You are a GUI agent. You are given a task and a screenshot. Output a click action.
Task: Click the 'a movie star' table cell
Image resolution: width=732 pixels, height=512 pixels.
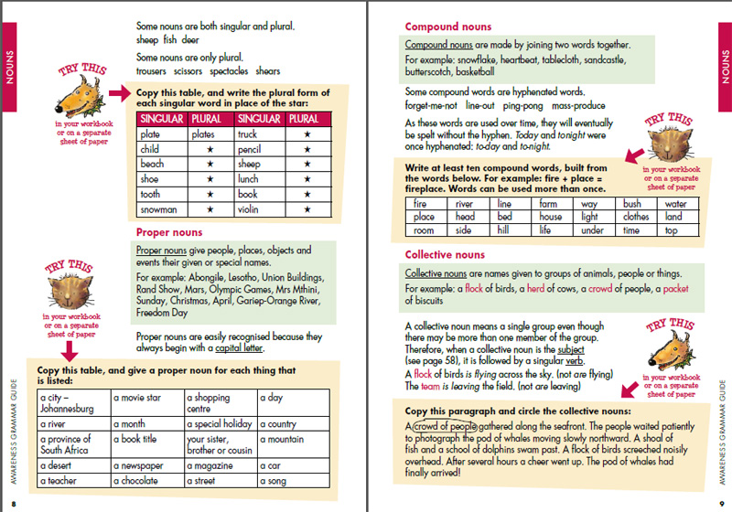pyautogui.click(x=146, y=399)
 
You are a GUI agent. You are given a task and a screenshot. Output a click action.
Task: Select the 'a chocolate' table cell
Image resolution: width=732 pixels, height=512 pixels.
pyautogui.click(x=146, y=481)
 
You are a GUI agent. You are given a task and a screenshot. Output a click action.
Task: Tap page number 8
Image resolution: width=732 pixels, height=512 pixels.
pyautogui.click(x=14, y=502)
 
